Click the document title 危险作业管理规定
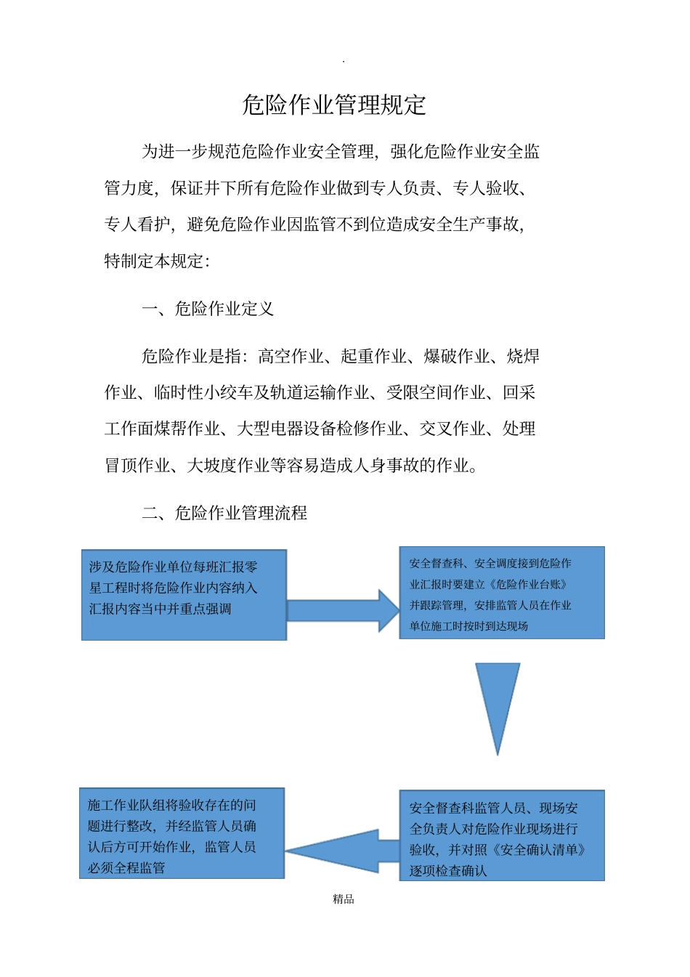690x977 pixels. coord(333,105)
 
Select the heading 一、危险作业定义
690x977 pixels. coord(208,309)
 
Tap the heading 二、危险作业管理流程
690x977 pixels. coord(224,513)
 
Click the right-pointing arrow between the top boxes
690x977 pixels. coord(343,610)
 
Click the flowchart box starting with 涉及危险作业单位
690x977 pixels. coord(184,595)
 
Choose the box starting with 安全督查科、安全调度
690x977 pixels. coord(501,593)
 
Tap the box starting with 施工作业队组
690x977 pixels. coord(182,833)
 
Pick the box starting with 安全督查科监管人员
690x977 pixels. coord(501,836)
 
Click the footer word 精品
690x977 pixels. coord(344,899)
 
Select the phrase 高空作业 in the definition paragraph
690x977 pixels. coord(291,356)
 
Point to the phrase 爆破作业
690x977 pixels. coord(456,356)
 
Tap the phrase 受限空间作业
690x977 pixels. coord(436,392)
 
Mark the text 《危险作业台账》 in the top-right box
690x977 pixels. coord(529,584)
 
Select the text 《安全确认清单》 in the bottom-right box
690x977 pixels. coord(537,849)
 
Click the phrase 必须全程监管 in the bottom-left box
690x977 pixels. coord(126,868)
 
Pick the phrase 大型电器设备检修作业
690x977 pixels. coord(319,429)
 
